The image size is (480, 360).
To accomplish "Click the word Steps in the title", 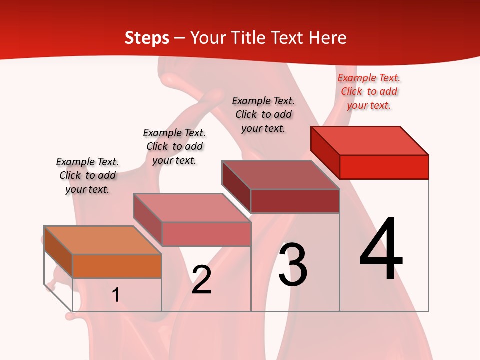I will point(147,38).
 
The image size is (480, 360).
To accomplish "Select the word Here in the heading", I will point(328,38).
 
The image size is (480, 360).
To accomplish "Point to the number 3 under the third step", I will point(293,265).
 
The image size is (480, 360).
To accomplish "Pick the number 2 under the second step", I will point(201,280).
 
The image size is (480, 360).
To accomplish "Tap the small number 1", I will point(116,295).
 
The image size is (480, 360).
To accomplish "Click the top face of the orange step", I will point(102,240).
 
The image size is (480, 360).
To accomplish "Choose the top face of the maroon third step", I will point(280,175).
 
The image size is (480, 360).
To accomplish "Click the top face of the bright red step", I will point(369,141).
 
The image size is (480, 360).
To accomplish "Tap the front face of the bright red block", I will point(384,167).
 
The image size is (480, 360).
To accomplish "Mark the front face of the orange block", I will point(117,266).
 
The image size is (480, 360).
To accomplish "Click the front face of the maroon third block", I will point(295,201).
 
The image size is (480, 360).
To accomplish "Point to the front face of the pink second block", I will point(206,234).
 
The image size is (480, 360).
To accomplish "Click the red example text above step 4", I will point(369,91).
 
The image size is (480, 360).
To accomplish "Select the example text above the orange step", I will point(87,175).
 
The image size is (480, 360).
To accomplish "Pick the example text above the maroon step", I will point(263,114).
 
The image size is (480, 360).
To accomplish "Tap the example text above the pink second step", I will point(174,146).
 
